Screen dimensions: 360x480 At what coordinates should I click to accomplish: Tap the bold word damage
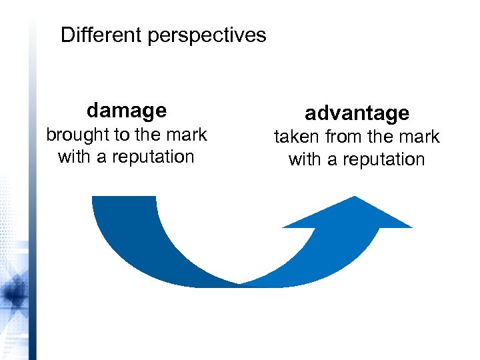pos(127,109)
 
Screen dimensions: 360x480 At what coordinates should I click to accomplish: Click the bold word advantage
pos(357,113)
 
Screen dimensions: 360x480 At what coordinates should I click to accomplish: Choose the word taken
pos(297,137)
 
